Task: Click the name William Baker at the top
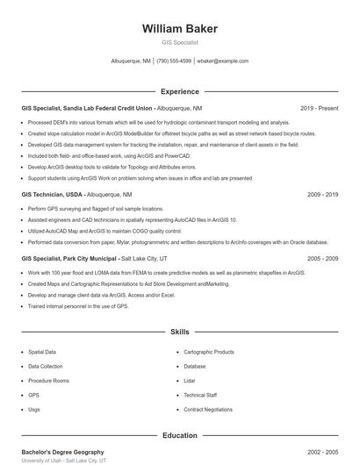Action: (180, 29)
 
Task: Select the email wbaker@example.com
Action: (223, 61)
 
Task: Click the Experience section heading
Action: (180, 91)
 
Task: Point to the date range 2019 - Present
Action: (319, 108)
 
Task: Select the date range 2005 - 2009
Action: (322, 259)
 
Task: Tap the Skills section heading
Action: (180, 333)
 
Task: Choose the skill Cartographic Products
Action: (209, 352)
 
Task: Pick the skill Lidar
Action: (190, 381)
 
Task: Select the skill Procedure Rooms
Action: (48, 381)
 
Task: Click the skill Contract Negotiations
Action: (208, 410)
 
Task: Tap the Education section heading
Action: (180, 435)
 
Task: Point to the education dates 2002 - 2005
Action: (322, 452)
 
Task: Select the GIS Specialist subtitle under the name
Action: (180, 42)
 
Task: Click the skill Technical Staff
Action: (200, 396)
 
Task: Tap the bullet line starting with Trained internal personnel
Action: (78, 306)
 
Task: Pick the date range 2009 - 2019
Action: (322, 194)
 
